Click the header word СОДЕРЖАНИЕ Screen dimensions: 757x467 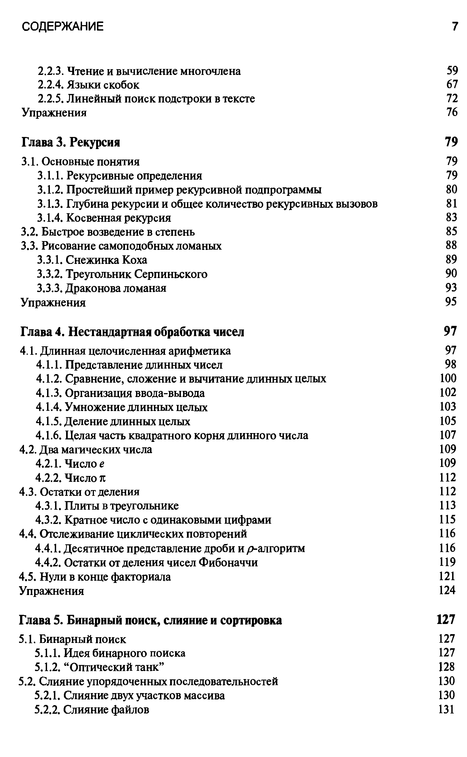click(63, 27)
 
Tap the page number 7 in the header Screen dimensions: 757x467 click(455, 27)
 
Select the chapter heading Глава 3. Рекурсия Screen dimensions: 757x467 click(71, 142)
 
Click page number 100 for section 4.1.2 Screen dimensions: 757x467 click(448, 378)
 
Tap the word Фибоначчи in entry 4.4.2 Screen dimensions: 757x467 click(228, 562)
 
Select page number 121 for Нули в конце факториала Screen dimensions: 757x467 click(447, 576)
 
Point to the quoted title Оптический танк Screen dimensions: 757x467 click(114, 667)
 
